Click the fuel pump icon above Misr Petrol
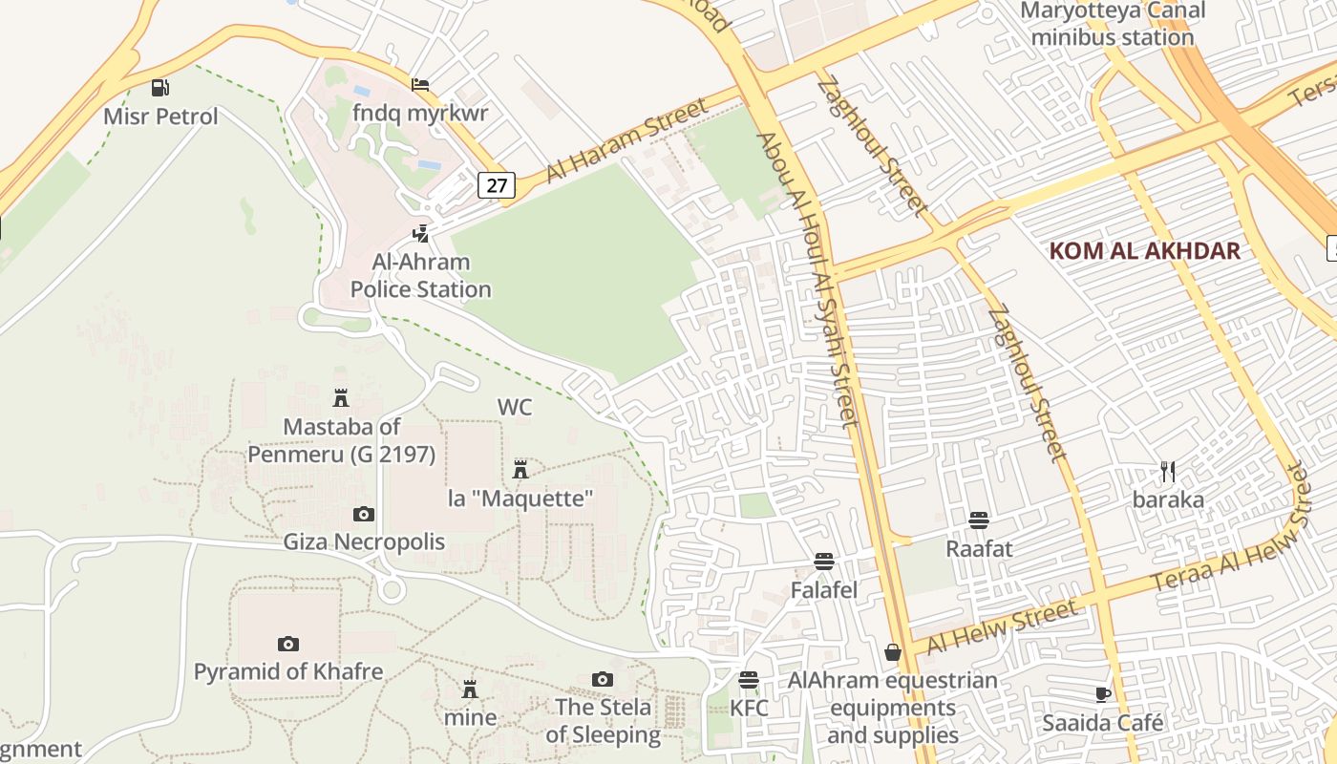tap(159, 88)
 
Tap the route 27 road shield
tap(497, 184)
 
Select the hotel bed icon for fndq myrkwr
tap(420, 84)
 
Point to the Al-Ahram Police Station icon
tap(420, 232)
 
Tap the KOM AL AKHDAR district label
tap(1144, 251)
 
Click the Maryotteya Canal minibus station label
tap(1113, 25)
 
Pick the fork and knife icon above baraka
tap(1167, 470)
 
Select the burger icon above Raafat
tap(978, 520)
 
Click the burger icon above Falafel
tap(823, 561)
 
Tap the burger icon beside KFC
tap(749, 680)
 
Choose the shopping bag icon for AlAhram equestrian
tap(892, 652)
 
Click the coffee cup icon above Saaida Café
tap(1103, 694)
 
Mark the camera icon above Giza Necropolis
tap(364, 514)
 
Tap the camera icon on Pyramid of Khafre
tap(287, 644)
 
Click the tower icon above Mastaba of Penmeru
tap(340, 397)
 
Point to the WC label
tap(515, 407)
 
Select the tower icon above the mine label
tap(470, 689)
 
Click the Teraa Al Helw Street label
tap(1227, 531)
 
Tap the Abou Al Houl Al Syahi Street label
tap(807, 277)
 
